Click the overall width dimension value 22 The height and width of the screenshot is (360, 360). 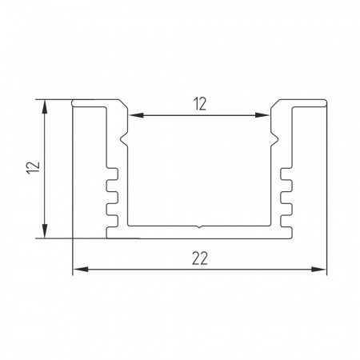200,258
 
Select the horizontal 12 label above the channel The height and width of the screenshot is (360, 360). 200,102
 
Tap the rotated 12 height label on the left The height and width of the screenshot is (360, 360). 33,168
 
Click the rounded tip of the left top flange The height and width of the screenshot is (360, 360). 74,103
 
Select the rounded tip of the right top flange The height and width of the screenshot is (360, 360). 326,103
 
